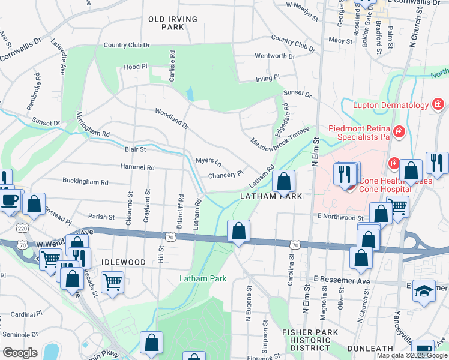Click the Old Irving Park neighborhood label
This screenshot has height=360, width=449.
(x=173, y=23)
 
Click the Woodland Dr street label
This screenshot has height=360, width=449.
(x=172, y=119)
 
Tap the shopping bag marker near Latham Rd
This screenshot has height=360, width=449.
(x=283, y=180)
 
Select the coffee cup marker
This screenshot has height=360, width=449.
(x=9, y=200)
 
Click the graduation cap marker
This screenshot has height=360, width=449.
(x=424, y=291)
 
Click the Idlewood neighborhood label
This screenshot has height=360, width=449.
(x=124, y=263)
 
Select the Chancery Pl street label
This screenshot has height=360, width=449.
(x=226, y=176)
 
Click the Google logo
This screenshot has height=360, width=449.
(x=20, y=353)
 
